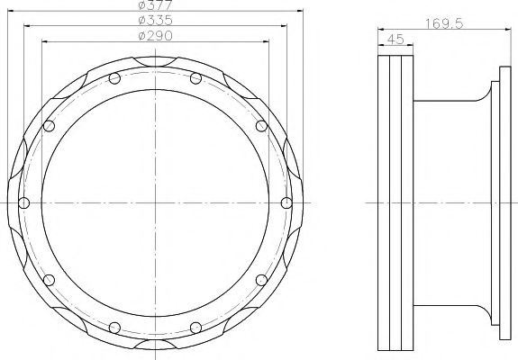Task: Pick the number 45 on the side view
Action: pos(394,39)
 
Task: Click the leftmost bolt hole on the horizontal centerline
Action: pos(24,202)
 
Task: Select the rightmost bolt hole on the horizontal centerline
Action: pos(286,202)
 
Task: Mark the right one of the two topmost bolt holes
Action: pos(195,78)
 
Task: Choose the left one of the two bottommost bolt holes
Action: pos(115,325)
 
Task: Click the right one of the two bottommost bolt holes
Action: pos(195,325)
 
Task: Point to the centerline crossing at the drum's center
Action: pos(156,202)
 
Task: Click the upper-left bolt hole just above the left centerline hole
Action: pos(49,126)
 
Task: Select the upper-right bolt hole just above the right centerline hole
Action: pos(262,126)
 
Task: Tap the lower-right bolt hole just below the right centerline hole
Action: pos(262,278)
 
